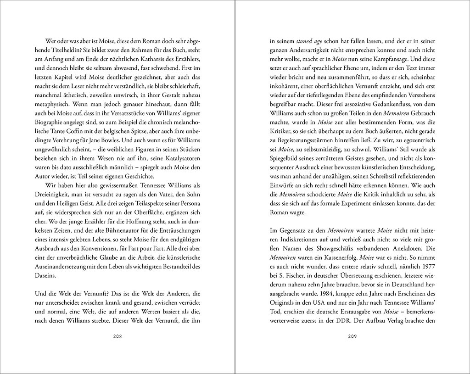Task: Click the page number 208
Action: [x=117, y=336]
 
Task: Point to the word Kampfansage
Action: [x=379, y=58]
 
